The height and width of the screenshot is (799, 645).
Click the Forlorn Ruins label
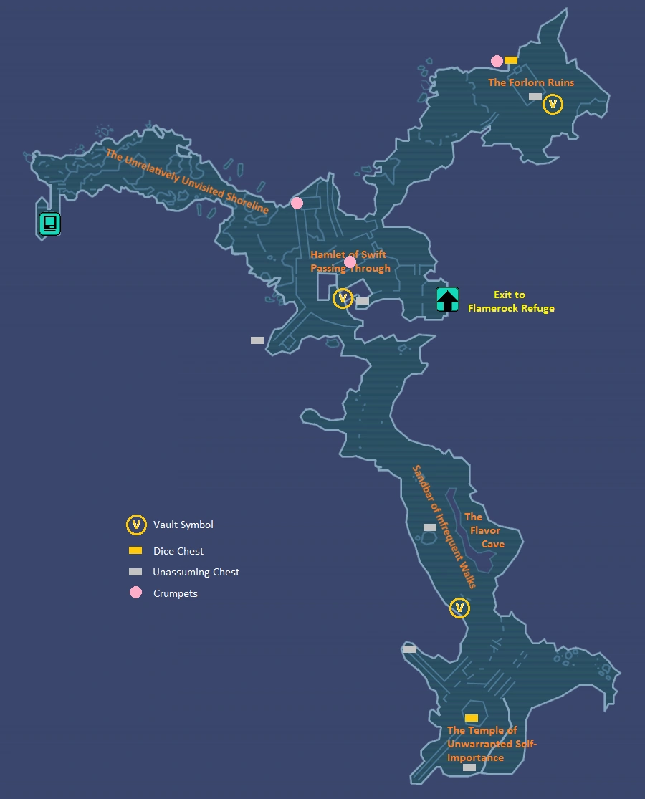click(x=531, y=82)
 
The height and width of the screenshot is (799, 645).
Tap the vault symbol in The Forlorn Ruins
click(x=553, y=105)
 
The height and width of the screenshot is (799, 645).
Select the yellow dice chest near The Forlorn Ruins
click(x=511, y=60)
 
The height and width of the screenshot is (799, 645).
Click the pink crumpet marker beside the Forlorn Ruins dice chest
click(x=497, y=61)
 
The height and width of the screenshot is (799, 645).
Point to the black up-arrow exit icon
click(x=447, y=299)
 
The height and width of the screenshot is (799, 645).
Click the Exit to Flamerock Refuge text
click(x=510, y=302)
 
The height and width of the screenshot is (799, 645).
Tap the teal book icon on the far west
click(x=49, y=224)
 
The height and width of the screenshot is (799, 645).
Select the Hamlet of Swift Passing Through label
click(x=350, y=262)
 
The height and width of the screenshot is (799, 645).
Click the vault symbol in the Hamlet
click(x=343, y=297)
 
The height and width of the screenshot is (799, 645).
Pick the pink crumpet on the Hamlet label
click(x=350, y=262)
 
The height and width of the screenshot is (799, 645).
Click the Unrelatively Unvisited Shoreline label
click(x=187, y=181)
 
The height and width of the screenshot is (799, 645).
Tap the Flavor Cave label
click(x=484, y=530)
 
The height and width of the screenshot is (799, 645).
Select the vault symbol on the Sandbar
click(x=459, y=608)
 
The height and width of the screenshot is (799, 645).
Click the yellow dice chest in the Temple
click(x=472, y=718)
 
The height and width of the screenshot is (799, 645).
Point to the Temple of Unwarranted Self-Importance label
click(x=491, y=744)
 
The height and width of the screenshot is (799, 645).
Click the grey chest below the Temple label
click(x=469, y=767)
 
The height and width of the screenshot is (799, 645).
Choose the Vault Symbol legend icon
click(x=136, y=525)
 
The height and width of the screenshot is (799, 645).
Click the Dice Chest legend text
click(x=178, y=551)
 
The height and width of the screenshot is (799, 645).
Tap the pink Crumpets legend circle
click(x=136, y=593)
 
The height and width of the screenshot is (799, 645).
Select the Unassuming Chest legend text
click(x=196, y=572)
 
